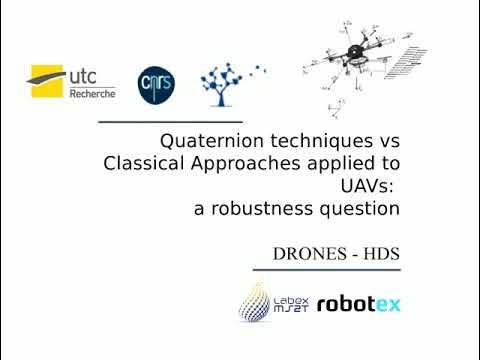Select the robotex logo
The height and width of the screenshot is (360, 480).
pos(357,303)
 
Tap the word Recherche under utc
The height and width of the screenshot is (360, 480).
pos(93,93)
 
